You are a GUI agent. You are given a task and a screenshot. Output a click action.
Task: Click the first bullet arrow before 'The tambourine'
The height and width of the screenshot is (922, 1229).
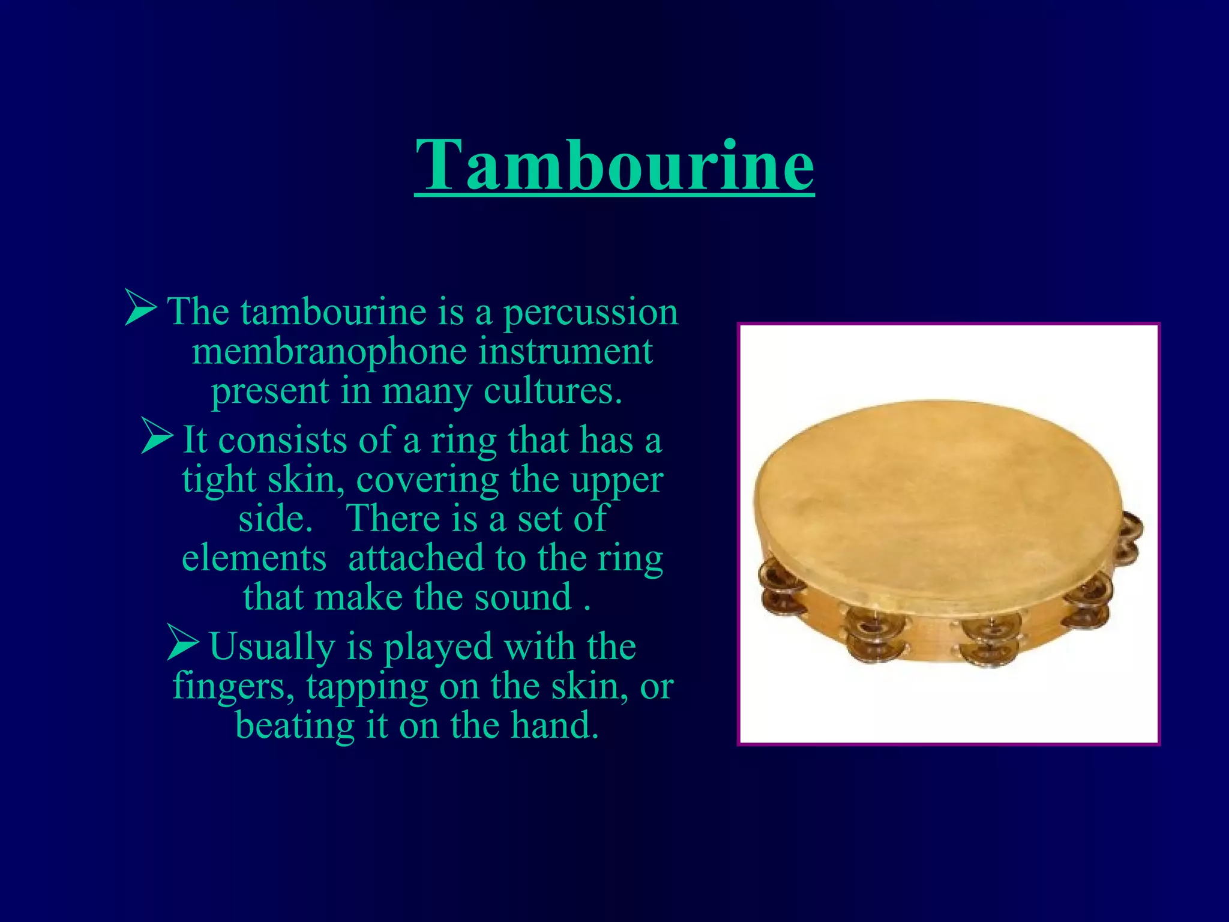click(x=140, y=307)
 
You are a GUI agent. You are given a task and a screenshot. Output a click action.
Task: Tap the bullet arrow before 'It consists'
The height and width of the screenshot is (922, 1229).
click(x=157, y=436)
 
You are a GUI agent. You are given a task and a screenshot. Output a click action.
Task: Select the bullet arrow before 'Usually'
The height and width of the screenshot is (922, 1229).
click(x=182, y=642)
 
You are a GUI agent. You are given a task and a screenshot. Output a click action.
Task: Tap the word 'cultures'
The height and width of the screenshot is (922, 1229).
click(x=552, y=391)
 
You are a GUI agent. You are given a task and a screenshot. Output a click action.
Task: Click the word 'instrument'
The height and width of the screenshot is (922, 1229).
click(x=565, y=352)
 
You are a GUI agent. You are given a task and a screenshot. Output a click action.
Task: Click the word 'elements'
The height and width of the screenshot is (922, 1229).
click(x=254, y=558)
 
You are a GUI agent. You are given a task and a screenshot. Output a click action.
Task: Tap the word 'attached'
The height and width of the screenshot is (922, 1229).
click(x=416, y=558)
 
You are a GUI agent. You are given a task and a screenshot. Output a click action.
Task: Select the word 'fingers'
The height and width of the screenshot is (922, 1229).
click(x=233, y=687)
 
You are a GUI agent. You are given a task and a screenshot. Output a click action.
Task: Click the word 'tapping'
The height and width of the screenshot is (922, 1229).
click(x=367, y=688)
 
